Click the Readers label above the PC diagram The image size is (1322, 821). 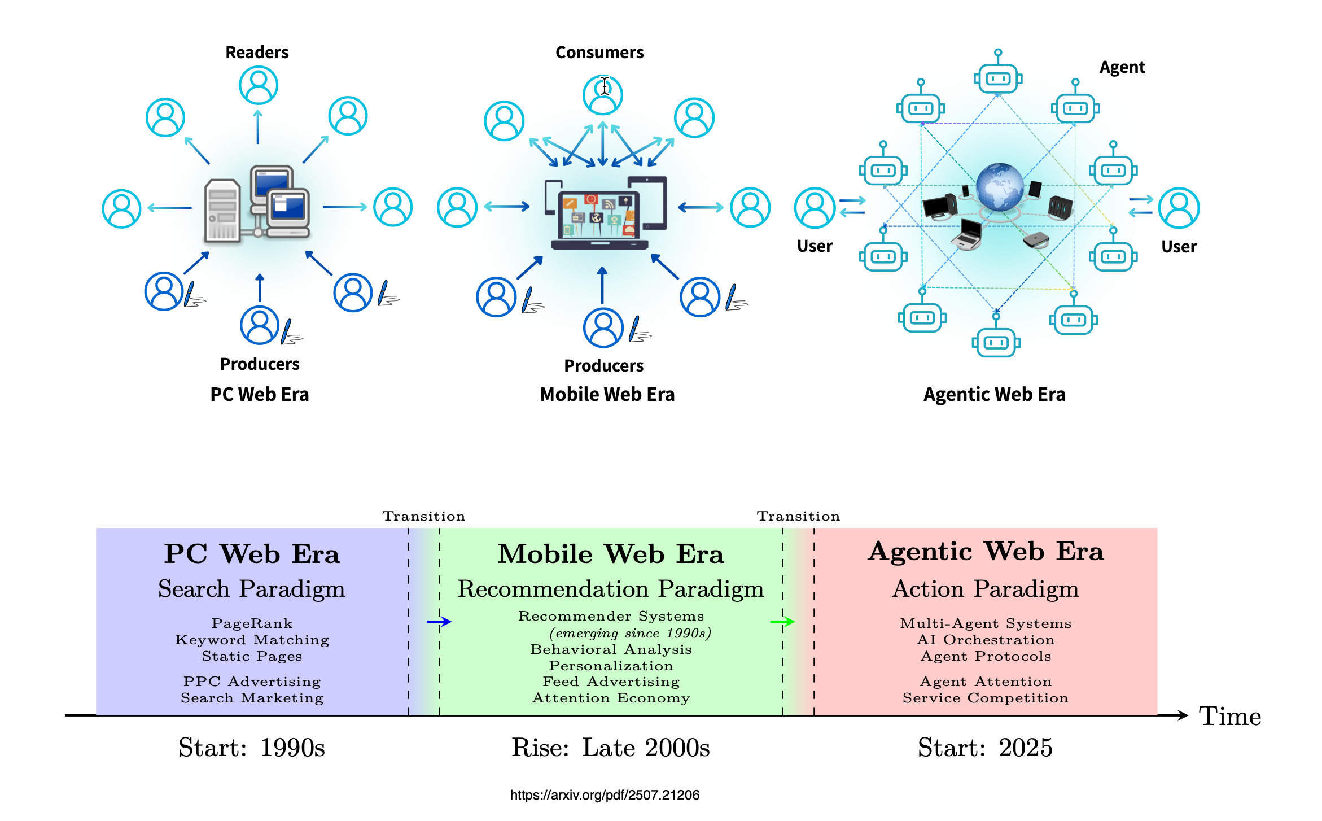click(x=257, y=53)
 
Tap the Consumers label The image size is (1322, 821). click(x=599, y=53)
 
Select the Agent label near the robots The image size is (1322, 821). click(x=1122, y=68)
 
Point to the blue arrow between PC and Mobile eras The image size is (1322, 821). click(x=439, y=622)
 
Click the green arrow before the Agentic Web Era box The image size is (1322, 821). click(x=782, y=622)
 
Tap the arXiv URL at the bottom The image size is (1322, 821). click(x=605, y=795)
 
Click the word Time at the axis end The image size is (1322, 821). click(x=1230, y=716)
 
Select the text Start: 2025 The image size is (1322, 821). click(x=985, y=748)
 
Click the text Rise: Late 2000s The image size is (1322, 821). click(x=610, y=748)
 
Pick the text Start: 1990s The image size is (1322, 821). click(x=252, y=748)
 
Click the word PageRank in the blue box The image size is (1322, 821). click(x=252, y=623)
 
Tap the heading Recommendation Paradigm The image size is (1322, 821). click(x=610, y=589)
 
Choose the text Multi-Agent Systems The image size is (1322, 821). click(x=986, y=623)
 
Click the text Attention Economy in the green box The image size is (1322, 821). click(x=611, y=698)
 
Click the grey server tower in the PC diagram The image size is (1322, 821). click(x=222, y=210)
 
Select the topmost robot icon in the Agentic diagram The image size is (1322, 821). click(x=998, y=77)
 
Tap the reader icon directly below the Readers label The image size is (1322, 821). click(x=259, y=85)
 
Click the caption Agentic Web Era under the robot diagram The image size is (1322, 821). click(x=994, y=394)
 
